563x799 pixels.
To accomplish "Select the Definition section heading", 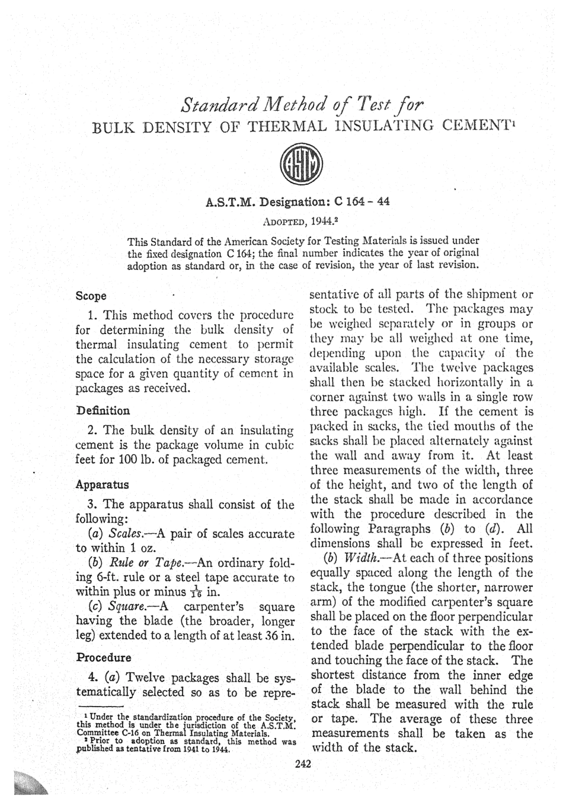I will click(x=103, y=410).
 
